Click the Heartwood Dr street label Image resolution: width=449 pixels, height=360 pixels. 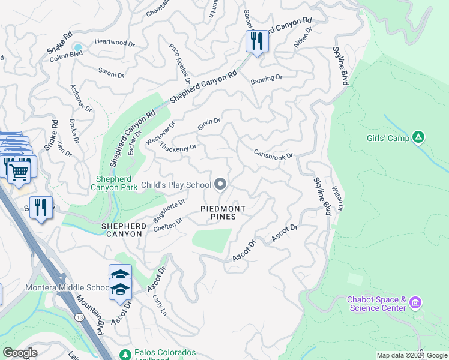click(x=113, y=42)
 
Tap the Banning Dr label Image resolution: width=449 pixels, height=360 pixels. click(x=266, y=79)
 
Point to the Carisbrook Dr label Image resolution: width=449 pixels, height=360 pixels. click(x=273, y=155)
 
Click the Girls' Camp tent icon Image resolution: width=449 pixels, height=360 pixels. click(x=419, y=138)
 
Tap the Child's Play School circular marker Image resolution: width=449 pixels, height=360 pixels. click(x=221, y=185)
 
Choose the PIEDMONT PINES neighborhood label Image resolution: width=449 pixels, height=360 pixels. click(x=222, y=212)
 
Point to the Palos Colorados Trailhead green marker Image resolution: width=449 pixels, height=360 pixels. click(x=125, y=355)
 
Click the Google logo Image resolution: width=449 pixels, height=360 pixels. click(x=20, y=353)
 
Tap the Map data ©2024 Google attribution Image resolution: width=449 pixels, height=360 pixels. click(x=411, y=355)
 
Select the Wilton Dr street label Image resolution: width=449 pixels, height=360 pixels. click(x=338, y=199)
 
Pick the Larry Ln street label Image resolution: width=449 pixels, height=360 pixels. click(x=160, y=304)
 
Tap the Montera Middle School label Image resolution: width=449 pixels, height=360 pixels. click(x=65, y=287)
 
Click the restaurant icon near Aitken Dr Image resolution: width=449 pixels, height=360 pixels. click(x=256, y=41)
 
